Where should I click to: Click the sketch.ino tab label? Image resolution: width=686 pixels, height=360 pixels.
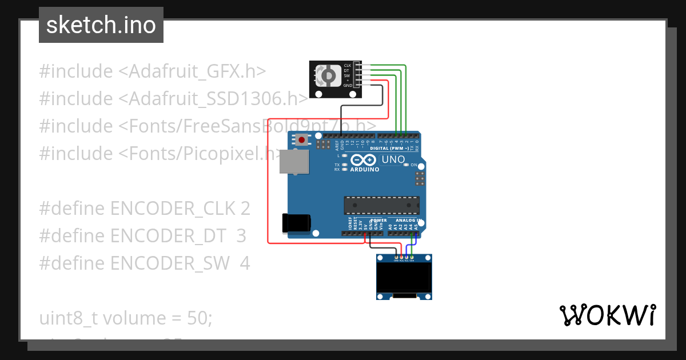coord(101,25)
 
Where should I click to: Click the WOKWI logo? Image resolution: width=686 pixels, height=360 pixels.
coord(607,315)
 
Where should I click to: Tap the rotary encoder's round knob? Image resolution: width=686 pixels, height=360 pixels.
coord(329,75)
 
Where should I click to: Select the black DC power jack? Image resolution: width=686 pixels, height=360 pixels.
coord(296,223)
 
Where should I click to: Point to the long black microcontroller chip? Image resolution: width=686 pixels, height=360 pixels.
coord(381,206)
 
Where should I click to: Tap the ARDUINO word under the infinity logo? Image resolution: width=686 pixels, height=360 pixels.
coord(365,169)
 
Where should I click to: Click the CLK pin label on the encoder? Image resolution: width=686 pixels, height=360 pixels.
coord(347,66)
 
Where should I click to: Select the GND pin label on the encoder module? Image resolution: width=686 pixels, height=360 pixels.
coord(348,85)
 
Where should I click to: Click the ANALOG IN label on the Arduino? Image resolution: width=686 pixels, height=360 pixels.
coord(408,220)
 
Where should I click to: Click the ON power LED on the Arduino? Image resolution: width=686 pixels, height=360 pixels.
coord(406,165)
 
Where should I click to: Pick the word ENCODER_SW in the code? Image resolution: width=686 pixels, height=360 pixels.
coord(170,263)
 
